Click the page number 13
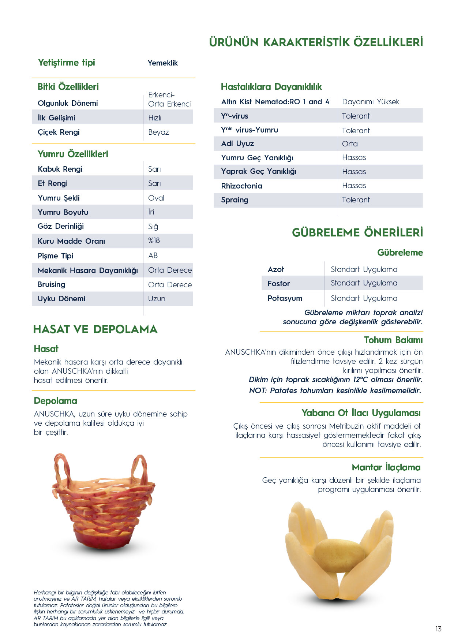(x=438, y=629)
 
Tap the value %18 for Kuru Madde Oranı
(x=154, y=241)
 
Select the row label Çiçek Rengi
(x=59, y=132)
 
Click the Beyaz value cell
(x=158, y=132)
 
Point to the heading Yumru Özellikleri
(x=73, y=154)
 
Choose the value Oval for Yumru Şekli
(x=156, y=198)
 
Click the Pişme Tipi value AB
(x=153, y=255)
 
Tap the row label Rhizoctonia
(x=241, y=186)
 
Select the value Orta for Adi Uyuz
(x=350, y=144)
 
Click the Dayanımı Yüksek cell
(x=370, y=102)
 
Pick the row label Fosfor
(x=278, y=284)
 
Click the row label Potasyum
(x=285, y=298)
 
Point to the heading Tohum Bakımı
(x=393, y=340)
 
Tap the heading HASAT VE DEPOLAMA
(x=95, y=329)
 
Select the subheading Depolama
(x=55, y=401)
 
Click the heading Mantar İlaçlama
(x=386, y=467)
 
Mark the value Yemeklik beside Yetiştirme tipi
(x=162, y=63)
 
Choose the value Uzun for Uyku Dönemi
(x=157, y=299)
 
